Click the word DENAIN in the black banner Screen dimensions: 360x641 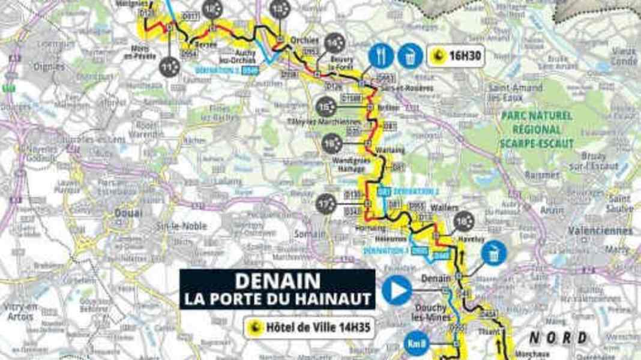[277, 281]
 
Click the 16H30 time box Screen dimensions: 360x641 [456, 56]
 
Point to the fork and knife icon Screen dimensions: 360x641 [381, 56]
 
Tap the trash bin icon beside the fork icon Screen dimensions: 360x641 [410, 56]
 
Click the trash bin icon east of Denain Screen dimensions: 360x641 [493, 253]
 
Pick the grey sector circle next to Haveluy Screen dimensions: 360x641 [464, 221]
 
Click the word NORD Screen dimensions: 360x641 [558, 338]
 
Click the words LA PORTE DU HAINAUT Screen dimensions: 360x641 [277, 298]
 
